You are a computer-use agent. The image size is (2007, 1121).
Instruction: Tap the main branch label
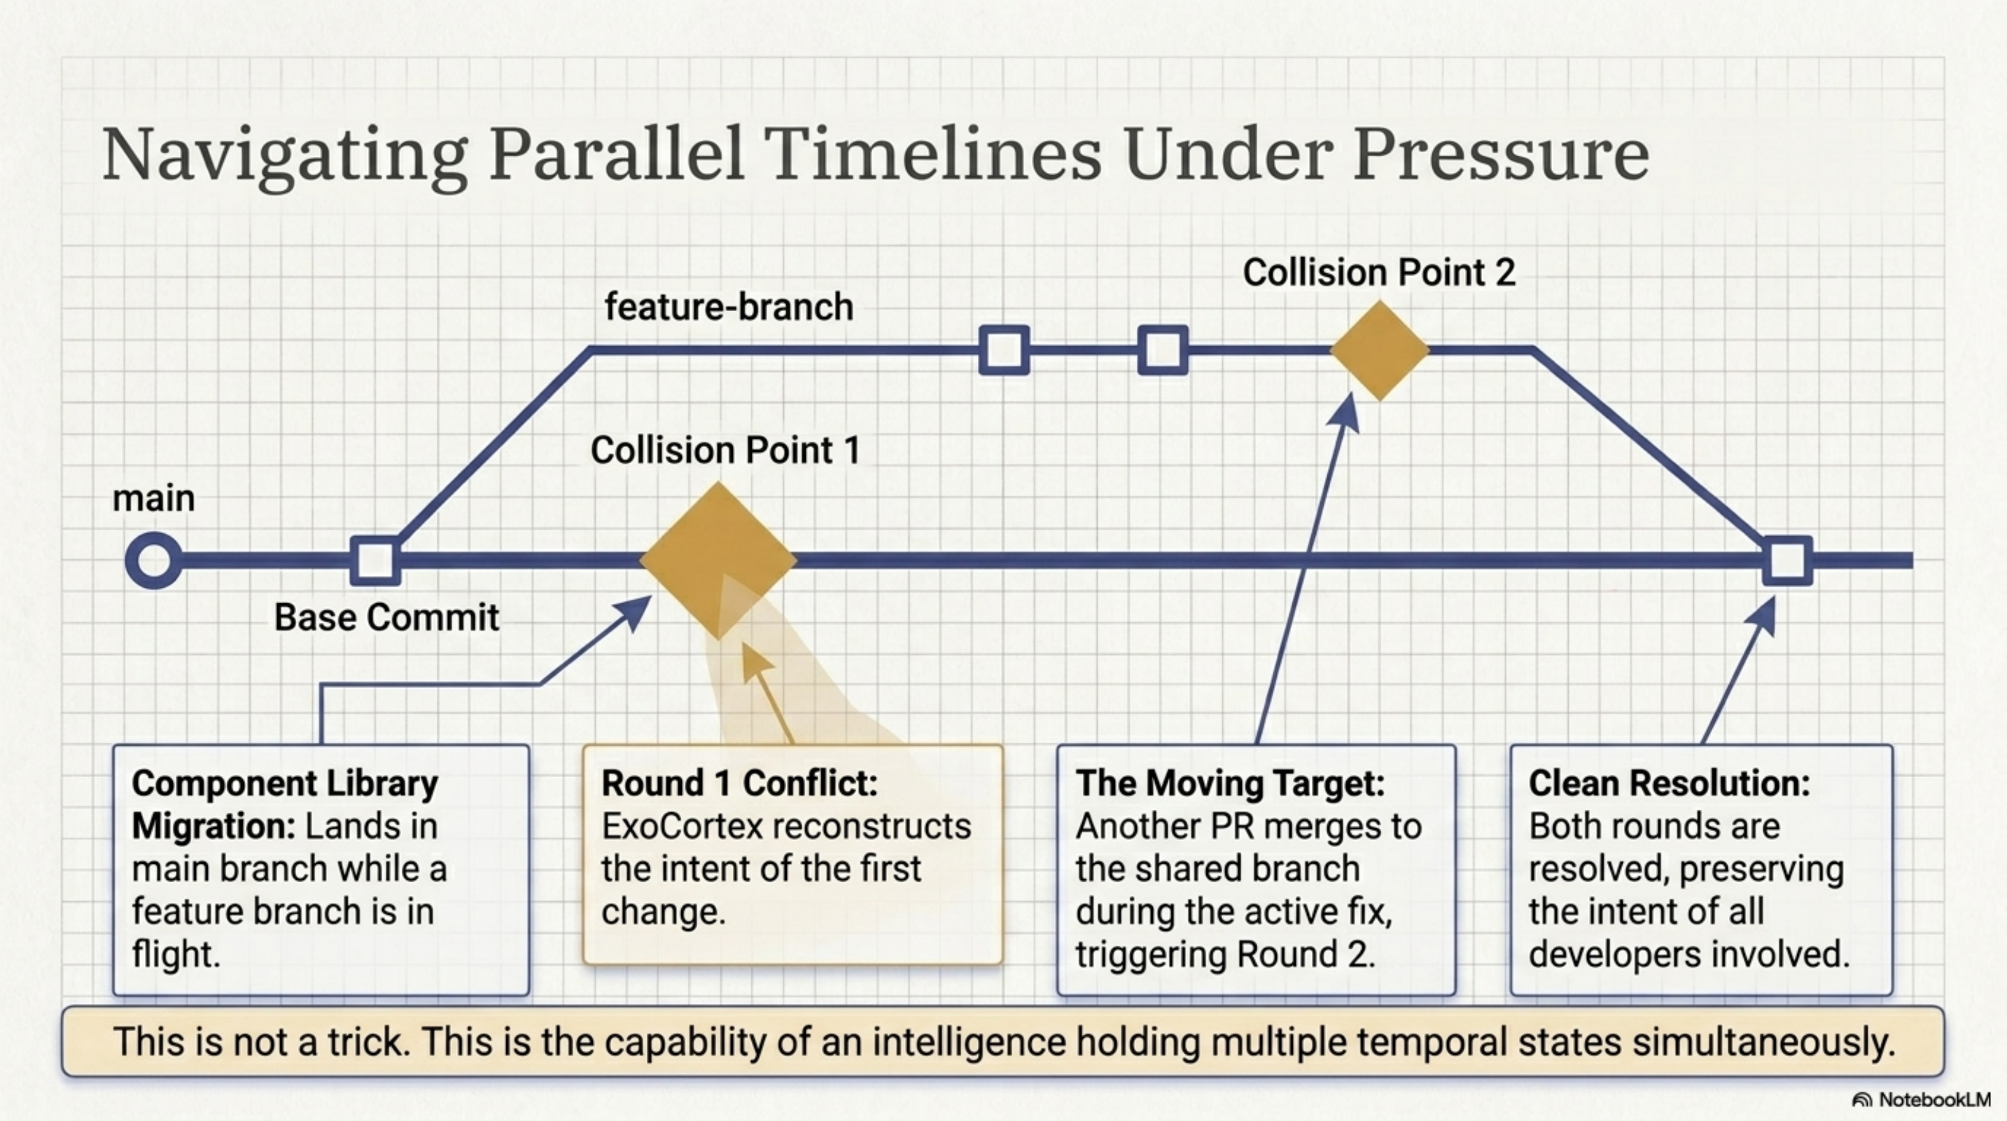point(153,498)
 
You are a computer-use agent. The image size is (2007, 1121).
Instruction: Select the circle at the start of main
point(153,560)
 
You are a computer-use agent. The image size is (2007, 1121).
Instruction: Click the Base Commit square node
point(375,560)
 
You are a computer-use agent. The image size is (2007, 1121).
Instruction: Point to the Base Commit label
point(386,617)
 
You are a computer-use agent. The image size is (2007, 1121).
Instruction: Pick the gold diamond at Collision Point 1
point(718,560)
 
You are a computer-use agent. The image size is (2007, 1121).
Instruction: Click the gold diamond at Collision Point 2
point(1380,351)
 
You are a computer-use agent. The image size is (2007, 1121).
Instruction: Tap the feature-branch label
point(729,306)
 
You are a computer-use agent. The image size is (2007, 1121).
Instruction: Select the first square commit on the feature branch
point(1004,351)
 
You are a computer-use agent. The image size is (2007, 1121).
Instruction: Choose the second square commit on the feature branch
point(1163,351)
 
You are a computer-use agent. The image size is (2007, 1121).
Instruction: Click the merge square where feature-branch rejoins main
point(1787,560)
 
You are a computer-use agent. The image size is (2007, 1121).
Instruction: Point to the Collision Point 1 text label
point(725,450)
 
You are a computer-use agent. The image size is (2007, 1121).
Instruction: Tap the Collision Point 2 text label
point(1378,272)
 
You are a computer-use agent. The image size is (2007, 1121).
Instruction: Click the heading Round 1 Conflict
point(739,783)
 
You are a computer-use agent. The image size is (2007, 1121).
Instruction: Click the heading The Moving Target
point(1229,783)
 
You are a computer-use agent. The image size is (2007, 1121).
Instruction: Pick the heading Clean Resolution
point(1668,783)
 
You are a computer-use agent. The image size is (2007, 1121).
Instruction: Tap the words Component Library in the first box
point(284,783)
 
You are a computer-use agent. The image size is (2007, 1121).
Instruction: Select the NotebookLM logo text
point(1933,1099)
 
